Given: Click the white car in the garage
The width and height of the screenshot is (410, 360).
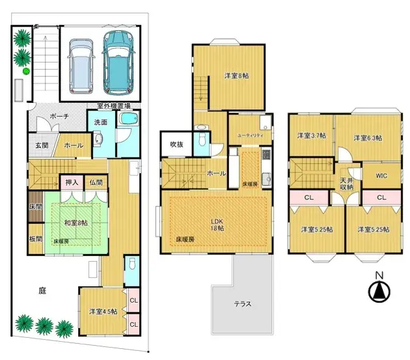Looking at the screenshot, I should pos(81,64).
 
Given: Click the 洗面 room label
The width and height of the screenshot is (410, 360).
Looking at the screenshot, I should pos(101,122).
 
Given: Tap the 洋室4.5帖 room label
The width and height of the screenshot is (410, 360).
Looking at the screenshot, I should pos(103,311).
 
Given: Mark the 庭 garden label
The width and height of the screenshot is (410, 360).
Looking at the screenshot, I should pos(42,292).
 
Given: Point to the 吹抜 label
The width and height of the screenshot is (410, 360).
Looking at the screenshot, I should pos(176,144).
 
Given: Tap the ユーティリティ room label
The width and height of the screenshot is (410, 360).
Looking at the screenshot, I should pos(249,135).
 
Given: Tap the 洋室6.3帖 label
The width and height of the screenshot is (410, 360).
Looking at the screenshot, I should pos(368,137).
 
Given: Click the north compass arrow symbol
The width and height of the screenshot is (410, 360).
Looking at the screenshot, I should pos(378,292).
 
